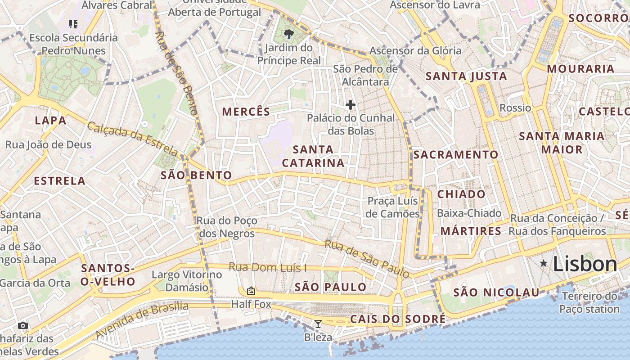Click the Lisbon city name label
coord(585,264)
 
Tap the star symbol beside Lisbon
coord(544,263)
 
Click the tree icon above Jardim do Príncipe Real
coord(288,34)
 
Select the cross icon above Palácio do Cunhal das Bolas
coord(350,105)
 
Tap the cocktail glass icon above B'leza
coord(318,324)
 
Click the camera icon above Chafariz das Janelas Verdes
coord(23,325)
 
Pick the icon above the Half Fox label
coord(251,291)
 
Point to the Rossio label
coord(515,108)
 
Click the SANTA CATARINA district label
coord(313,156)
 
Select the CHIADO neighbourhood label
coord(461,194)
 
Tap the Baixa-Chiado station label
coord(469,213)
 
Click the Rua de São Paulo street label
coord(367,258)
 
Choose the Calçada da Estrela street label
coord(132,138)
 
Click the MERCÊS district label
coord(246,112)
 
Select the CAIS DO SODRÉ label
coord(398,319)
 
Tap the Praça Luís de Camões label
coord(392,207)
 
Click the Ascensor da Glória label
coord(415,50)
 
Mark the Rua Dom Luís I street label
coord(267,267)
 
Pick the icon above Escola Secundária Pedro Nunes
coord(73,24)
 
